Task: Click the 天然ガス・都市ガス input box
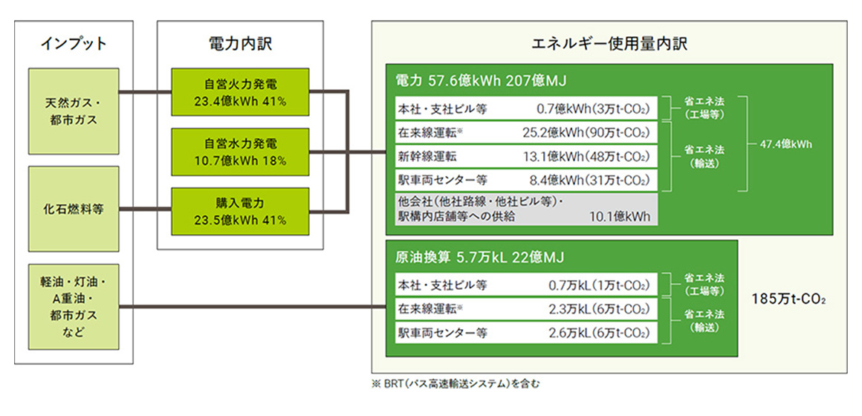click(x=73, y=111)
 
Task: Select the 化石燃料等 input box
click(x=73, y=209)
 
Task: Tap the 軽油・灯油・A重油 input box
click(x=73, y=307)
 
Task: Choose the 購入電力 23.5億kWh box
click(x=240, y=212)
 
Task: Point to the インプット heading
click(x=74, y=44)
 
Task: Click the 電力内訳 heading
click(x=240, y=44)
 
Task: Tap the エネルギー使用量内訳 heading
click(x=609, y=44)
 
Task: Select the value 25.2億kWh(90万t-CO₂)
click(x=586, y=132)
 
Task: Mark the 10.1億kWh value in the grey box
click(x=620, y=216)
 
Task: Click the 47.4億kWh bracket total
click(x=785, y=145)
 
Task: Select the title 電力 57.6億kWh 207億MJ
click(x=481, y=81)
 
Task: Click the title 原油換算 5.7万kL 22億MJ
click(x=479, y=257)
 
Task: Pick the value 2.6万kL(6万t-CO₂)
click(x=599, y=333)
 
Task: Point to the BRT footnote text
click(x=456, y=384)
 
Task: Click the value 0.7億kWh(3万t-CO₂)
click(x=593, y=108)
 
